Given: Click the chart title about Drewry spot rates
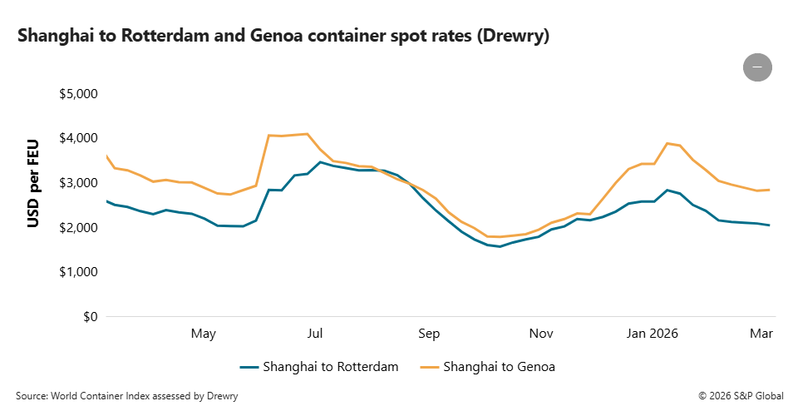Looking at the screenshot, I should click(x=283, y=36).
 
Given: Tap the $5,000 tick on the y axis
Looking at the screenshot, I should click(x=79, y=93).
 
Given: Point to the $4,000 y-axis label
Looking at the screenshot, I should click(x=79, y=137).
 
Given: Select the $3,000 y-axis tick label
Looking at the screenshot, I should click(x=79, y=182).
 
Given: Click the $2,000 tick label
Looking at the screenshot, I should click(x=79, y=227).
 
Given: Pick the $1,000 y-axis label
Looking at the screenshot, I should click(x=79, y=272).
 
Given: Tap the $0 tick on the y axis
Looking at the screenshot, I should click(x=90, y=317).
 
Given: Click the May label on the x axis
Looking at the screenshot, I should click(x=203, y=334).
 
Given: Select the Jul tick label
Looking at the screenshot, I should click(x=315, y=334).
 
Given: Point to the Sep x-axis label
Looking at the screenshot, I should click(x=429, y=334).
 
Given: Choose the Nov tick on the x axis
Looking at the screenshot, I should click(x=541, y=334).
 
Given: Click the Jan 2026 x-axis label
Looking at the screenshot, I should click(x=653, y=334).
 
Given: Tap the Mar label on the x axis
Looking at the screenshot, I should click(x=761, y=334).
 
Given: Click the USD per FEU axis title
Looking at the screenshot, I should click(x=34, y=184).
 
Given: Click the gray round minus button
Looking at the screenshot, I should click(x=757, y=67).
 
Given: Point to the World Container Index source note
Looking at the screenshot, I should click(x=126, y=396).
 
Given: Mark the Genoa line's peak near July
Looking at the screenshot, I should click(x=308, y=134).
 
